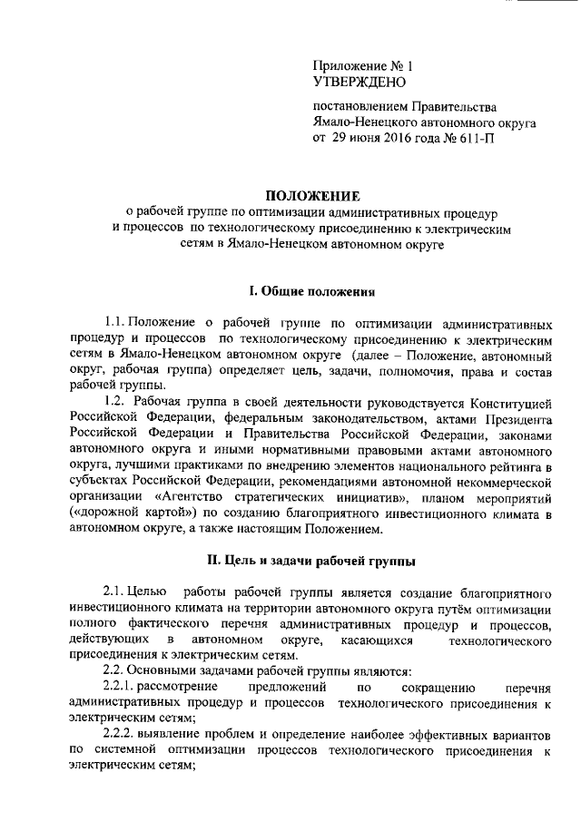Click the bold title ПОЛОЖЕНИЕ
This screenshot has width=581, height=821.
tap(312, 197)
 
